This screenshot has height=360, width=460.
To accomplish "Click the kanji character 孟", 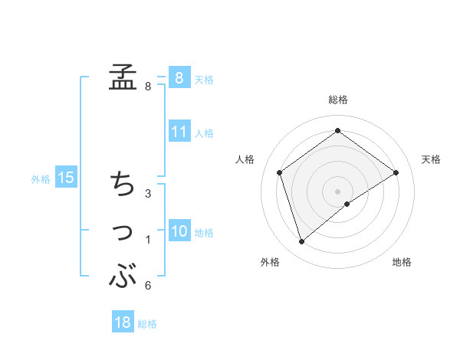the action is pyautogui.click(x=123, y=77).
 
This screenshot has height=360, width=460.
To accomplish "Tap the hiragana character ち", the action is pyautogui.click(x=123, y=184).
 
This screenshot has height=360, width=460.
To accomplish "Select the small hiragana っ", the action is pyautogui.click(x=123, y=232).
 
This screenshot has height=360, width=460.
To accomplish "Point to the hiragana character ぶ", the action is pyautogui.click(x=123, y=276).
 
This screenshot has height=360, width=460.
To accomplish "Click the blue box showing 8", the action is pyautogui.click(x=179, y=77).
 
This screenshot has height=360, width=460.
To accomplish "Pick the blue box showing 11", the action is pyautogui.click(x=179, y=132).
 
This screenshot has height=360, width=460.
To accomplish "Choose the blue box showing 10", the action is pyautogui.click(x=179, y=231).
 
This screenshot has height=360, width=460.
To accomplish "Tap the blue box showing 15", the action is pyautogui.click(x=66, y=178).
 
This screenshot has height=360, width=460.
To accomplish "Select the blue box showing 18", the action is pyautogui.click(x=123, y=322).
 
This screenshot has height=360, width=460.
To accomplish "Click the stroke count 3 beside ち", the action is pyautogui.click(x=148, y=193).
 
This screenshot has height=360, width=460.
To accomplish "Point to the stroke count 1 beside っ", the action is pyautogui.click(x=148, y=241).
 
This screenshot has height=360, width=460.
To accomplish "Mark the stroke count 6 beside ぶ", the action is pyautogui.click(x=148, y=286).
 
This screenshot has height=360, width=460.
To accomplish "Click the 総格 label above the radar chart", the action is pyautogui.click(x=338, y=100).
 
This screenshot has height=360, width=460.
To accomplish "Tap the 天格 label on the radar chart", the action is pyautogui.click(x=431, y=159).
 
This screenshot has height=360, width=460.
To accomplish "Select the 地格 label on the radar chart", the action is pyautogui.click(x=402, y=263).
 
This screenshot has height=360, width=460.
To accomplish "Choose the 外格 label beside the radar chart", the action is pyautogui.click(x=270, y=263).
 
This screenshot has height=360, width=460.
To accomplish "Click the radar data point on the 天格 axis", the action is pyautogui.click(x=396, y=172).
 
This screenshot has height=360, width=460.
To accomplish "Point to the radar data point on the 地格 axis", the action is pyautogui.click(x=347, y=204).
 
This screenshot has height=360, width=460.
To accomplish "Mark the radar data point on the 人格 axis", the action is pyautogui.click(x=280, y=172).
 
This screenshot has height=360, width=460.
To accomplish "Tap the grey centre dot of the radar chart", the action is pyautogui.click(x=338, y=191).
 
